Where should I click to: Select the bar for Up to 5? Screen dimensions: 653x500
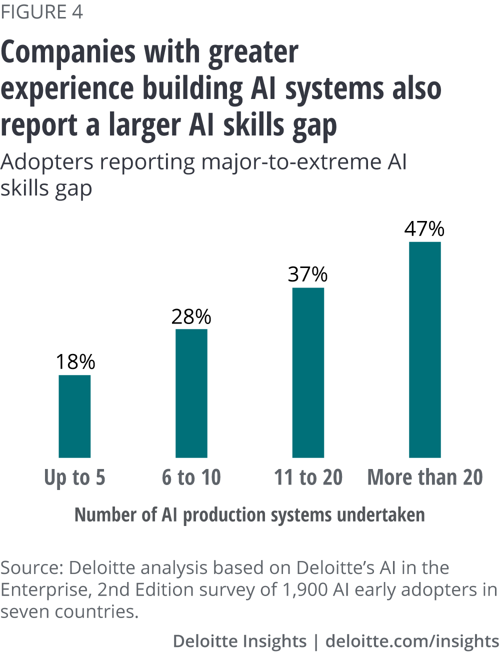[74, 416]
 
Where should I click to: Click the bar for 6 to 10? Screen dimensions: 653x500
[191, 393]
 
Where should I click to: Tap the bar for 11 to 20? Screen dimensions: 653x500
[308, 372]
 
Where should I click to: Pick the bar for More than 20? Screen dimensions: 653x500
[425, 349]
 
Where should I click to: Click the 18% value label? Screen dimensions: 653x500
[75, 361]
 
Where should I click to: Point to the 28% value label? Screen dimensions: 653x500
[191, 316]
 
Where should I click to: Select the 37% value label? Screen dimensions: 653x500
[308, 274]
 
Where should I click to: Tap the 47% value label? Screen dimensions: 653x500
[424, 228]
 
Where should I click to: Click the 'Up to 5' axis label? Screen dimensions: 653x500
[74, 477]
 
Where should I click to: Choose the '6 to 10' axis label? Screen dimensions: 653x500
[191, 477]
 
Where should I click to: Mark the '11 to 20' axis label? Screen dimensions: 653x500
[308, 477]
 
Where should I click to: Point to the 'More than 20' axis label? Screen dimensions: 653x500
[425, 477]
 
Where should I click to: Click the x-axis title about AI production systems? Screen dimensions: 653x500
[249, 515]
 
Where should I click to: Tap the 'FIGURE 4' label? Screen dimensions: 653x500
[41, 12]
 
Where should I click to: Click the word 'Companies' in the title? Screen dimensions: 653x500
[68, 52]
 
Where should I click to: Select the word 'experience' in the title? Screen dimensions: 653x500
[68, 89]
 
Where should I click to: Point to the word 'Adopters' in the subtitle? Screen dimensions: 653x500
[47, 162]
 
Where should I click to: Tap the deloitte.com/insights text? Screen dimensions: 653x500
[412, 641]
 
